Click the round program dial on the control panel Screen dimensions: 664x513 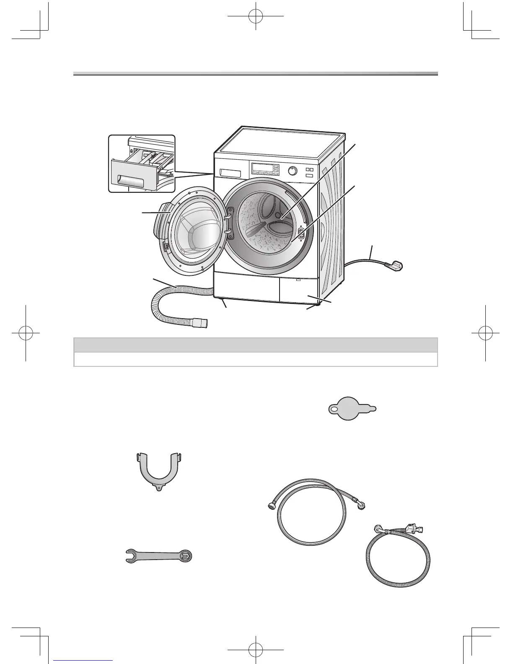click(x=293, y=171)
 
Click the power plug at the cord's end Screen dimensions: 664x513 click(x=396, y=266)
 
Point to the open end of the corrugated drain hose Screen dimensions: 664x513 click(x=203, y=323)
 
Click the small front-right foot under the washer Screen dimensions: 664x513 click(x=320, y=304)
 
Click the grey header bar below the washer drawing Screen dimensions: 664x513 click(x=256, y=345)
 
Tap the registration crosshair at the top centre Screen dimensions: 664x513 click(x=255, y=16)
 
